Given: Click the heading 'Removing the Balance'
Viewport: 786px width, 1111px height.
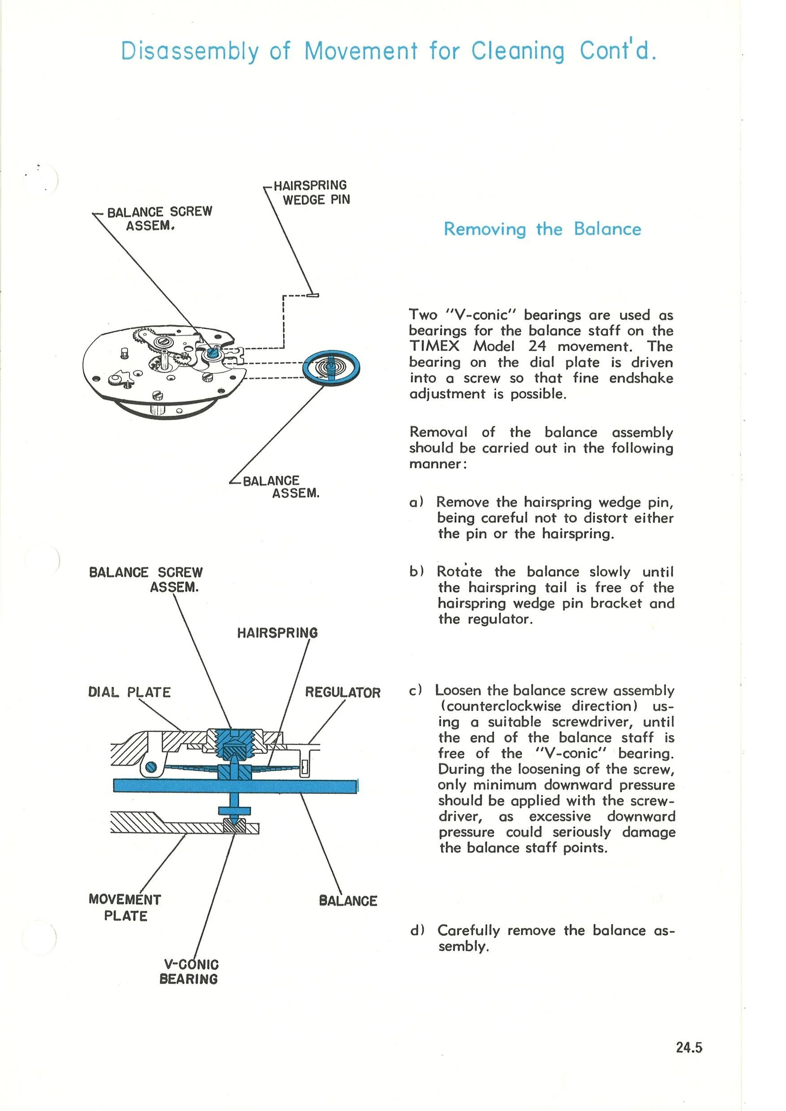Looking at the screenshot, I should coord(542,229).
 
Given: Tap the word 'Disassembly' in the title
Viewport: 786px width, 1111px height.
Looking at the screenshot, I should coord(190,51).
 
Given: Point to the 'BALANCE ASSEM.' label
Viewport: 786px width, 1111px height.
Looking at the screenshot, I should coord(281,487).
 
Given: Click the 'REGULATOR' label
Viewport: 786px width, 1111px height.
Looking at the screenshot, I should coord(342,693).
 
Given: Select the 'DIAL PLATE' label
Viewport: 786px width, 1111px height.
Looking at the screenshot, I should coord(129,692).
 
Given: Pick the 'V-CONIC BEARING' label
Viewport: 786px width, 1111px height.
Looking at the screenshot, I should coord(189,971).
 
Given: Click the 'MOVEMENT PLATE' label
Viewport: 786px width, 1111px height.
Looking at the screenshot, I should coord(125,907).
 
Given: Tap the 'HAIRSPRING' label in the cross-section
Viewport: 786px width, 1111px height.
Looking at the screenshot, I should coord(277,633).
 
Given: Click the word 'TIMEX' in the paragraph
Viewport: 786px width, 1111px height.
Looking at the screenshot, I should coord(434,346).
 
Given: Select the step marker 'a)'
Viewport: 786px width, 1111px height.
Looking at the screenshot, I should coord(416,502).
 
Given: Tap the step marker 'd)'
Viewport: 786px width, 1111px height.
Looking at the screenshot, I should coord(417,930).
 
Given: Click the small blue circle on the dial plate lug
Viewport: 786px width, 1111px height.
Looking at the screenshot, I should coord(151,767).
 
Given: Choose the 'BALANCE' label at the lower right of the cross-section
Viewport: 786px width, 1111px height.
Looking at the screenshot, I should coord(348,901).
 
